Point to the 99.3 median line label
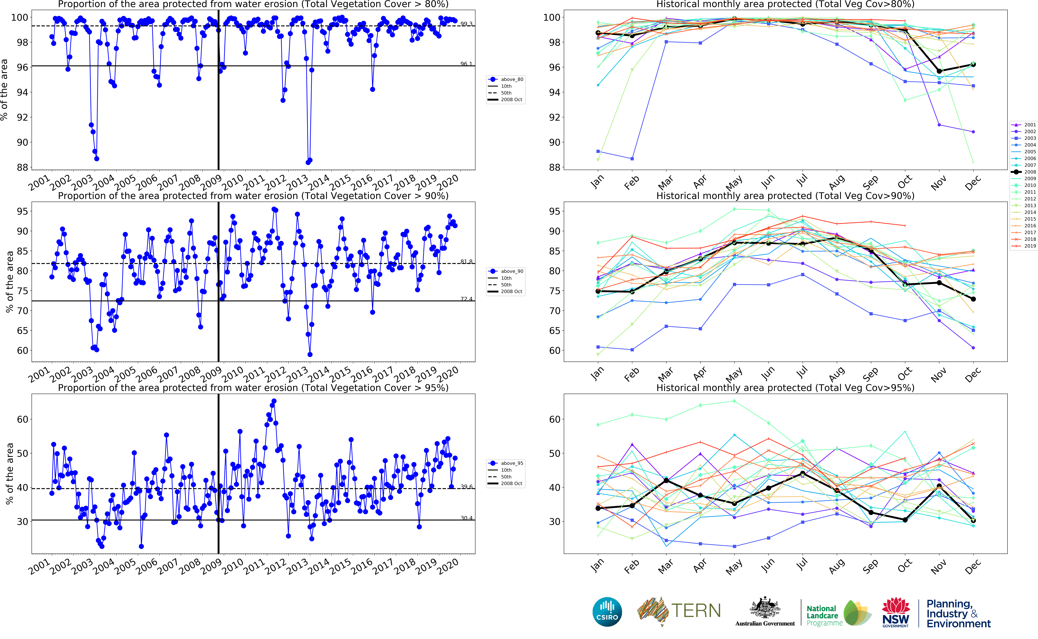(466, 24)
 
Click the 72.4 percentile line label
(466, 299)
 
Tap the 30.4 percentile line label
(466, 518)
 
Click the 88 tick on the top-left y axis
(22, 167)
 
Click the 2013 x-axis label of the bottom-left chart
(297, 566)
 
